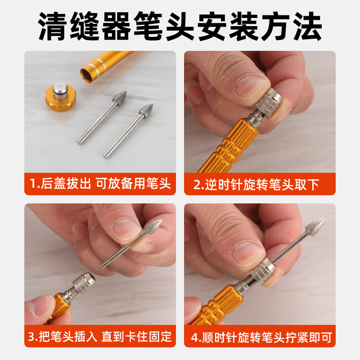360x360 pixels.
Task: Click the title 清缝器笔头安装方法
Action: [x=180, y=26]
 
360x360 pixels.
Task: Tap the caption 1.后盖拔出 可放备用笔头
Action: [x=100, y=184]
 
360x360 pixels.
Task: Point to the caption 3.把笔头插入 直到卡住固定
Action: [x=100, y=336]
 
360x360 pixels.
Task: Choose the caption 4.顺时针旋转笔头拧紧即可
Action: [x=260, y=336]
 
